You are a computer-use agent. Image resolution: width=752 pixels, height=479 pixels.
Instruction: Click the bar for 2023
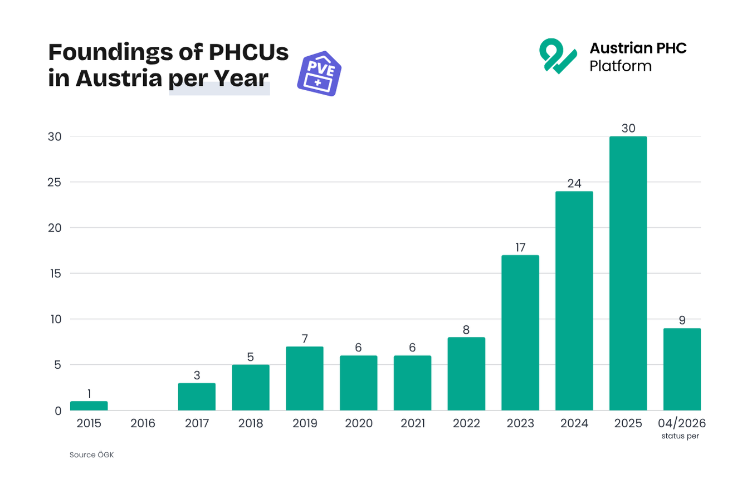(520, 333)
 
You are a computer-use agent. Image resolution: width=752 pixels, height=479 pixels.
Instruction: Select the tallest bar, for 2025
(628, 273)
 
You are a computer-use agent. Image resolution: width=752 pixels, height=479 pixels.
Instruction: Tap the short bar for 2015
(89, 406)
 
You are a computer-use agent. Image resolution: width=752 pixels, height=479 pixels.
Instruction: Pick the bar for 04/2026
(682, 369)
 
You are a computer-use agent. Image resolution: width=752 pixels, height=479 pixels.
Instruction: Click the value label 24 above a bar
(574, 183)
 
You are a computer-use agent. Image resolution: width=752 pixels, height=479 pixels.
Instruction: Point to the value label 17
(520, 247)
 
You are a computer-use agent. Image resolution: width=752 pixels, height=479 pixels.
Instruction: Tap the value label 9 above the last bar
(682, 320)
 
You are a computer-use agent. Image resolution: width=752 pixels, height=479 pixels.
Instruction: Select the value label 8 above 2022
(466, 330)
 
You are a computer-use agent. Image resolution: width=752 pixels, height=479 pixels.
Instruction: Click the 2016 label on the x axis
(143, 423)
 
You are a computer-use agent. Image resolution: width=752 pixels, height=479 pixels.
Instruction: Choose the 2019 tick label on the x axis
(305, 423)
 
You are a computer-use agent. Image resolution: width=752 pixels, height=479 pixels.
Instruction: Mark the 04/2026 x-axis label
(682, 423)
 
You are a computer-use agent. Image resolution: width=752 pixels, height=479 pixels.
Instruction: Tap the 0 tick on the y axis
(58, 411)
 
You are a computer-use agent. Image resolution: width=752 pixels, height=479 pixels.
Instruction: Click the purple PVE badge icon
(319, 75)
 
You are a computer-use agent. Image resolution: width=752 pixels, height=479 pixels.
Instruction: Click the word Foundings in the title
(111, 52)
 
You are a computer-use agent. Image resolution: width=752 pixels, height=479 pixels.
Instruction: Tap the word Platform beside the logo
(621, 66)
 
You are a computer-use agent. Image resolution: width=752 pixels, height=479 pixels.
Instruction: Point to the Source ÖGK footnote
(91, 455)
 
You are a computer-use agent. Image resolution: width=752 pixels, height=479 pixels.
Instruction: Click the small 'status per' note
(680, 436)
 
